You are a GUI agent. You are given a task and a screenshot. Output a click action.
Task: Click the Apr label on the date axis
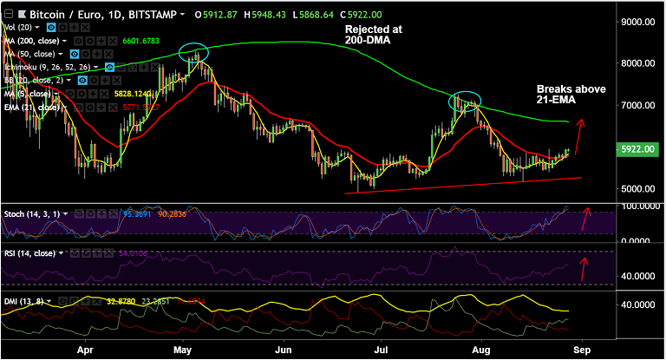pos(85,352)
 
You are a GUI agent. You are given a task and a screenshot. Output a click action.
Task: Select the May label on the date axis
pos(182,352)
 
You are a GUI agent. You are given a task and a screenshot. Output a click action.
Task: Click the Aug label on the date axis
pos(479,352)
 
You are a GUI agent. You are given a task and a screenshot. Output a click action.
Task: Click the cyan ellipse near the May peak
pos(194,51)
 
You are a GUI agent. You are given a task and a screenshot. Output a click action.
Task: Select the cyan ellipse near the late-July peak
pos(465,100)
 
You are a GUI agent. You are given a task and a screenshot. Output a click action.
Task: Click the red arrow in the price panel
pos(578,136)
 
